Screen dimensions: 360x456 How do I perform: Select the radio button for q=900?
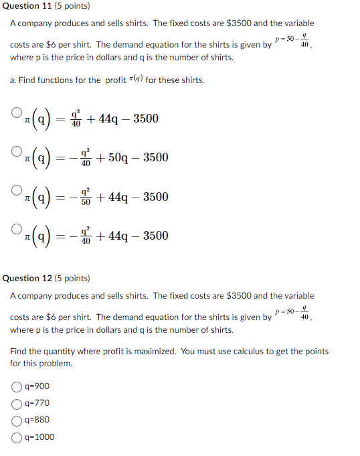(16, 386)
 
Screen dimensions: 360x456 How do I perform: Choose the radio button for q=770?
(16, 403)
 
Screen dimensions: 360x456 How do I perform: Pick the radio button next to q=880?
(16, 421)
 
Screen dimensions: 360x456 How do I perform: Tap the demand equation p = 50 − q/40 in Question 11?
(294, 41)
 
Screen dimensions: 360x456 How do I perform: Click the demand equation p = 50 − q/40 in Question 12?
(294, 313)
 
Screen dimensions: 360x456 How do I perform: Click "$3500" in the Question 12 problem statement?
(239, 295)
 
